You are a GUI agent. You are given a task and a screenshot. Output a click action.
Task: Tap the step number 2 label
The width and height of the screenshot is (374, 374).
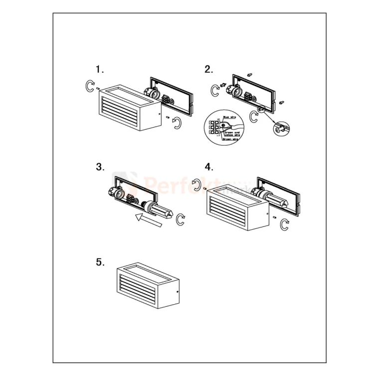click(208, 69)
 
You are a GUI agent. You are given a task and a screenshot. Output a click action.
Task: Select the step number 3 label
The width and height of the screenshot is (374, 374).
click(100, 167)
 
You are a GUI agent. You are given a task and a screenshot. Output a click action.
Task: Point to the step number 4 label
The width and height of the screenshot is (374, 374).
click(208, 167)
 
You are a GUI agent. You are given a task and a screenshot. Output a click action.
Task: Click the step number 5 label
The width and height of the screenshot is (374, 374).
click(100, 262)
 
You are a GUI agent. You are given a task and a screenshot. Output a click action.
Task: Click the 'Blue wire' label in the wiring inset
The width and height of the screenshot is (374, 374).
click(230, 116)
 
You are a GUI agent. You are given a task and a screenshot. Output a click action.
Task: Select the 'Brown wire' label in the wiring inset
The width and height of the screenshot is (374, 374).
click(230, 140)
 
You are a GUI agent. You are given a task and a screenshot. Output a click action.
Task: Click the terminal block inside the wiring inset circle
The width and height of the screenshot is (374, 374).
click(215, 128)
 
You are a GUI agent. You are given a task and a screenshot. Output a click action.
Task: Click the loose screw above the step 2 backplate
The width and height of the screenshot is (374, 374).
click(250, 74)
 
